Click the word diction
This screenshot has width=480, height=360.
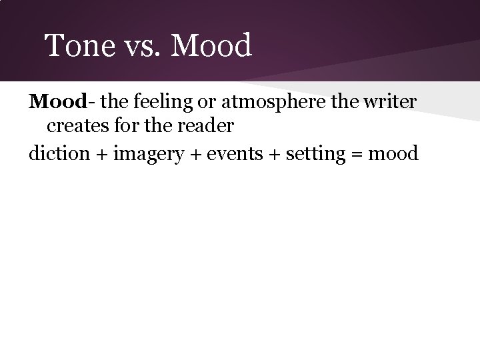pos(59,153)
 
